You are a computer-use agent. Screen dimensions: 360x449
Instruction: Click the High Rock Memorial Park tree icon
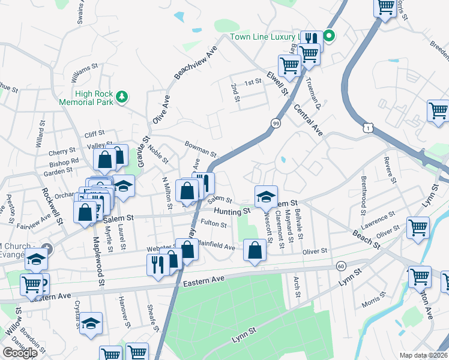[x=122, y=96]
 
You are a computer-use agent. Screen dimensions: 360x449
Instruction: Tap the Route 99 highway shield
[x=276, y=123]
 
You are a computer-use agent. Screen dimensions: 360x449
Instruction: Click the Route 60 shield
[x=341, y=266]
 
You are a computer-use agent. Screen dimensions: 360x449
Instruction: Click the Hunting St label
[x=232, y=212]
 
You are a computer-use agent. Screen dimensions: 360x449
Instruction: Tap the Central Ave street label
[x=309, y=119]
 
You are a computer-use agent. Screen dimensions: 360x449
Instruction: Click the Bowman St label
[x=200, y=149]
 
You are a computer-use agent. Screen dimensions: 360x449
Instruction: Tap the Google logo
[x=20, y=353]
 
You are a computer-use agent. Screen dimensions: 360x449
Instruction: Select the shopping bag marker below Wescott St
[x=255, y=251]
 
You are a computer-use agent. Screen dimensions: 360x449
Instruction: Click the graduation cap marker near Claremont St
[x=266, y=196]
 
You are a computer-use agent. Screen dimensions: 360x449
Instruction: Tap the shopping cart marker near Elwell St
[x=289, y=65]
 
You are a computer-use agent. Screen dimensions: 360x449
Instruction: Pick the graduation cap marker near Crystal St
[x=91, y=323]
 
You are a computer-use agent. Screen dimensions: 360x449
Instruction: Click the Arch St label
[x=297, y=286]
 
